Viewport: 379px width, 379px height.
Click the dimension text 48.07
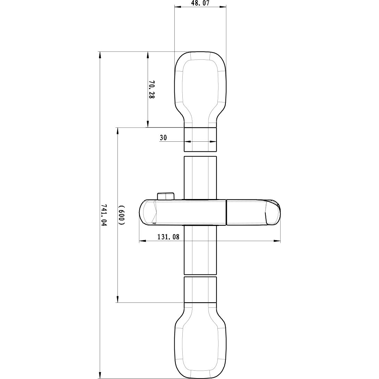[200, 3]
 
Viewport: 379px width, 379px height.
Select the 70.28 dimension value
[151, 90]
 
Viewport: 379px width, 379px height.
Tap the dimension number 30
[163, 138]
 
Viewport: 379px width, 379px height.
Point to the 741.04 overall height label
[104, 215]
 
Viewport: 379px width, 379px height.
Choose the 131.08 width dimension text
[168, 237]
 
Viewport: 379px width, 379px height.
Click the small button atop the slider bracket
[165, 196]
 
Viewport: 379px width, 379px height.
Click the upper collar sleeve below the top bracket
[200, 140]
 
